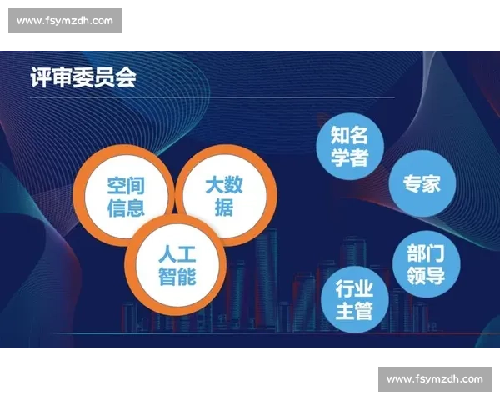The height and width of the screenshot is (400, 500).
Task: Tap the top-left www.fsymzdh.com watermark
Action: pos(66,21)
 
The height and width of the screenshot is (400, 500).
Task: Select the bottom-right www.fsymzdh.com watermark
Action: pos(435,379)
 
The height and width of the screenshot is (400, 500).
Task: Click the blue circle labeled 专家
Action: pos(422,183)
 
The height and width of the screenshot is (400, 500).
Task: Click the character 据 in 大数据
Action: pos(223,207)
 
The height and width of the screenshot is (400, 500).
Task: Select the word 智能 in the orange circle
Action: pos(177,276)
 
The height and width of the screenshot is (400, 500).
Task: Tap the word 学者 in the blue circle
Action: pos(350,158)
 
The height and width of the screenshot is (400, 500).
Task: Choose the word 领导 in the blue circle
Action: pos(426,275)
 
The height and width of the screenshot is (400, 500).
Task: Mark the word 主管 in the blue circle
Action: pos(354,312)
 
